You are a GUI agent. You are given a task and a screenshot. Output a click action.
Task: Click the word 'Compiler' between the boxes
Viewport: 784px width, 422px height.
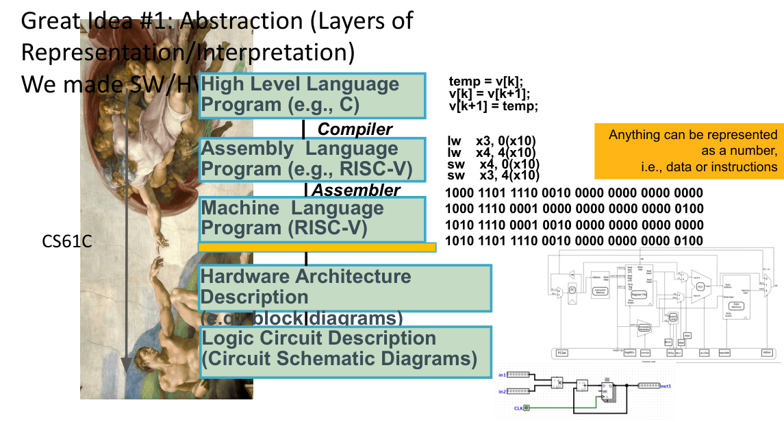(x=355, y=129)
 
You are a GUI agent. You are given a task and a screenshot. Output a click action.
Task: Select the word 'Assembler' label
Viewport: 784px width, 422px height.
(x=356, y=190)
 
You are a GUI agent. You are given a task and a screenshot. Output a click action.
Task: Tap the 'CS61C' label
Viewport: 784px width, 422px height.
(x=67, y=241)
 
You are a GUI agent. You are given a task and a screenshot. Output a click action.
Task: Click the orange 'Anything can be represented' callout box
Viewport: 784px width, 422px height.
(x=689, y=151)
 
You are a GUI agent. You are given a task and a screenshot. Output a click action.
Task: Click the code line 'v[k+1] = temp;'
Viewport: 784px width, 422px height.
(x=494, y=105)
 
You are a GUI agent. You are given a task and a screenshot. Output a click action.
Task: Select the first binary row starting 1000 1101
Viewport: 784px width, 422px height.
(x=574, y=193)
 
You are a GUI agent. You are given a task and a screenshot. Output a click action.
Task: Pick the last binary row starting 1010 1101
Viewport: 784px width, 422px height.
(x=574, y=240)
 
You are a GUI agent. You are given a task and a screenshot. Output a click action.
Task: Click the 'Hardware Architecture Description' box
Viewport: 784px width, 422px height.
(x=345, y=287)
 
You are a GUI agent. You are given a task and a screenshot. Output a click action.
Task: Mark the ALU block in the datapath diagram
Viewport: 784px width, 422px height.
(x=700, y=286)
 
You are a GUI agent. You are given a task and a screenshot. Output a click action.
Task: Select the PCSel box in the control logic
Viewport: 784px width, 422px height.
(x=562, y=353)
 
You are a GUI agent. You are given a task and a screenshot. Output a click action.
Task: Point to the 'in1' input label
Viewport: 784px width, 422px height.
(x=502, y=375)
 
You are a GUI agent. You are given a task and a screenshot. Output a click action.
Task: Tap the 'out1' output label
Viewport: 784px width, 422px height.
(x=665, y=386)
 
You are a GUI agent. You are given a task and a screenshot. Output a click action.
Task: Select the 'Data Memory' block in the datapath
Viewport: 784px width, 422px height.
(x=738, y=306)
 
